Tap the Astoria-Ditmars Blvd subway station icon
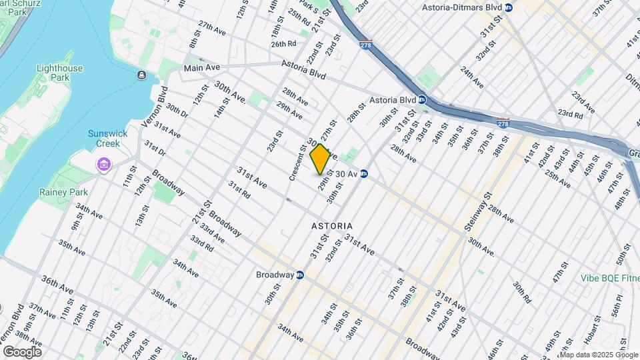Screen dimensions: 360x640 (x=509, y=7)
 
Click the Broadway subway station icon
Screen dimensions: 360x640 (x=300, y=275)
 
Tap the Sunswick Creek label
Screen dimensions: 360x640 (x=104, y=138)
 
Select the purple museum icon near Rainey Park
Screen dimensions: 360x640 (x=103, y=164)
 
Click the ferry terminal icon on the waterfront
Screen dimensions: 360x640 (x=142, y=75)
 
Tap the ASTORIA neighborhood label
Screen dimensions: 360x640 (x=332, y=226)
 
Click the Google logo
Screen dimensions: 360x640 (x=22, y=352)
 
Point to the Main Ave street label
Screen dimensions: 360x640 (x=202, y=68)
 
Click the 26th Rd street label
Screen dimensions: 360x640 (x=283, y=44)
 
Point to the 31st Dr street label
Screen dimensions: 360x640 (x=154, y=147)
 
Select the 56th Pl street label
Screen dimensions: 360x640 (x=618, y=306)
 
